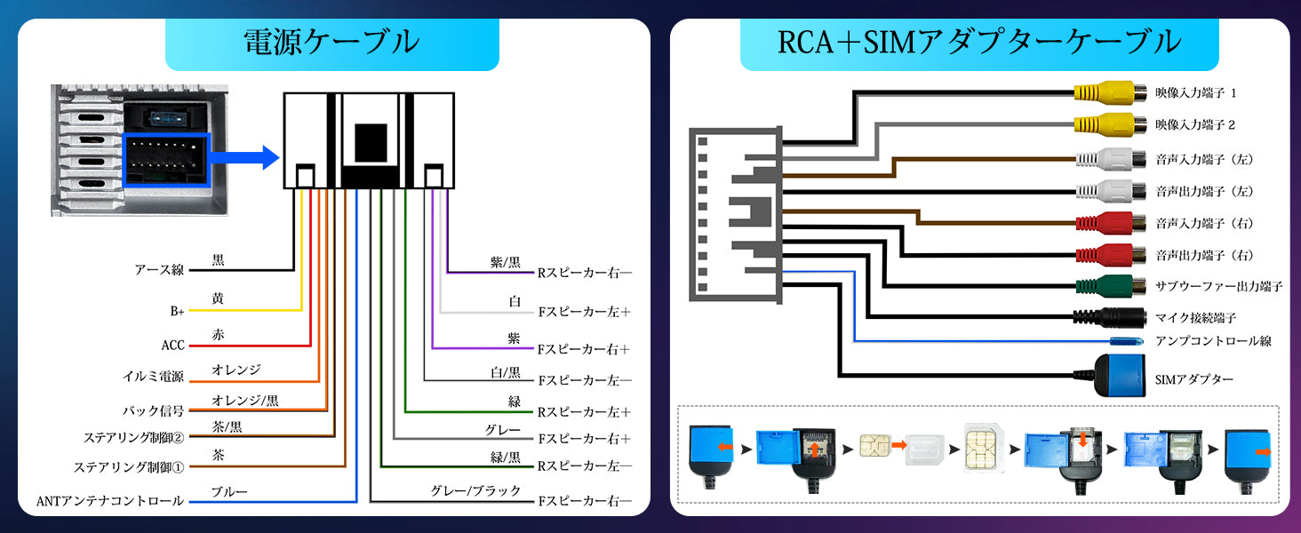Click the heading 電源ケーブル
pyautogui.click(x=331, y=42)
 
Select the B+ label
pyautogui.click(x=177, y=312)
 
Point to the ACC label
pyautogui.click(x=172, y=345)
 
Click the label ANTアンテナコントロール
pyautogui.click(x=109, y=501)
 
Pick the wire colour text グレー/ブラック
pyautogui.click(x=475, y=491)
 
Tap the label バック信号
pyautogui.click(x=153, y=410)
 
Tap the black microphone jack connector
pyautogui.click(x=1111, y=317)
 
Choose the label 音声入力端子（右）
pyautogui.click(x=1204, y=223)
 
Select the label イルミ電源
pyautogui.click(x=153, y=378)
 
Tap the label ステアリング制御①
pyautogui.click(x=129, y=467)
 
